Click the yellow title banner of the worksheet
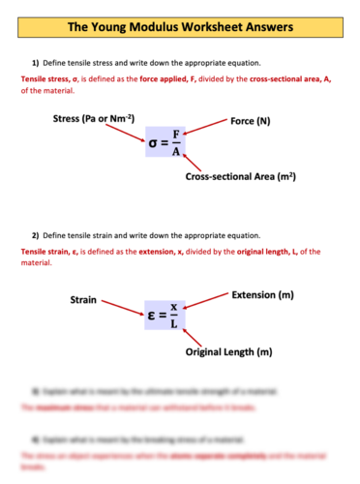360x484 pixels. point(180,26)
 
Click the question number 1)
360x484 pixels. point(36,62)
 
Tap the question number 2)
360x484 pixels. point(36,235)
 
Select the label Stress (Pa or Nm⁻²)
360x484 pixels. point(93,119)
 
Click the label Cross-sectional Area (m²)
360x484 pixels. point(240,177)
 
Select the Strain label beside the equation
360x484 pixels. point(83,300)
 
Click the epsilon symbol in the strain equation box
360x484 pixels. point(154,316)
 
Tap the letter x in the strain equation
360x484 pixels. point(174,307)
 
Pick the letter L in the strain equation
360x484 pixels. point(174,324)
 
